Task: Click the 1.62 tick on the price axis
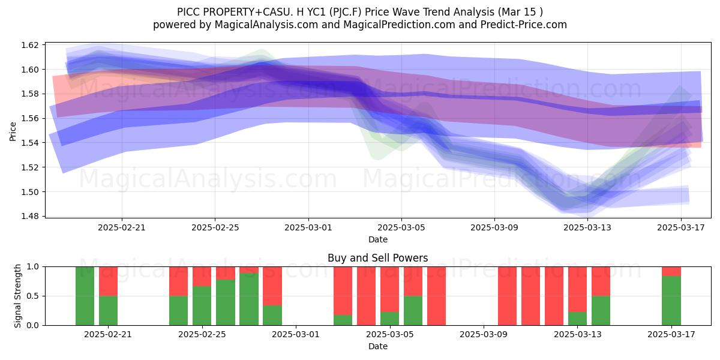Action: coord(30,45)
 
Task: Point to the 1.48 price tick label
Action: coord(30,217)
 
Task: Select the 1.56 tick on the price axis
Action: coord(30,119)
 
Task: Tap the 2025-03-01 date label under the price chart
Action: coord(308,227)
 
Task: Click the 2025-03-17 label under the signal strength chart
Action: coord(671,335)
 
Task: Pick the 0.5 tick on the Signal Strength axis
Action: coord(33,296)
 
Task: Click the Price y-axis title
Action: coord(13,131)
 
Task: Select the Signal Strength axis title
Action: coord(17,296)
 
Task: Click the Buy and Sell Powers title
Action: coord(377,258)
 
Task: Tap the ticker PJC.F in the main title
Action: coord(346,12)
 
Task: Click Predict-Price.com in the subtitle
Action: coord(524,25)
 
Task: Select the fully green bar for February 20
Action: coord(85,296)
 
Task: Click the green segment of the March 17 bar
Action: coord(671,301)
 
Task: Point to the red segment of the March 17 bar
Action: coord(671,271)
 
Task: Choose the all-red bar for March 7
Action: coord(437,296)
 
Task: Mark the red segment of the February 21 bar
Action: coord(109,281)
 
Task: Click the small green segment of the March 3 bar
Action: coord(343,320)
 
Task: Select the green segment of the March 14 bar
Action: coord(601,311)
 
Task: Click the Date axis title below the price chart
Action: coord(377,239)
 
